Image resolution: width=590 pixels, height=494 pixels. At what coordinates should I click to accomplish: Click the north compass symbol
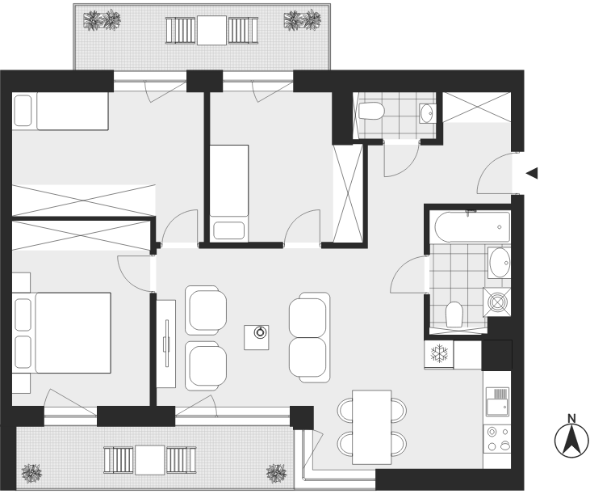click(x=571, y=440)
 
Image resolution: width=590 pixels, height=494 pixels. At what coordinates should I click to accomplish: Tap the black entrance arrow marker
click(x=532, y=173)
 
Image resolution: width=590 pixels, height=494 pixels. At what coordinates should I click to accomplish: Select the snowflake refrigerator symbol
click(x=439, y=354)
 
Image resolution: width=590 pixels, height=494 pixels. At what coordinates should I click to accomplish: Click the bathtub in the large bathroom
click(x=473, y=227)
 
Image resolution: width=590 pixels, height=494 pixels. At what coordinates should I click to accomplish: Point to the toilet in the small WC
click(x=371, y=111)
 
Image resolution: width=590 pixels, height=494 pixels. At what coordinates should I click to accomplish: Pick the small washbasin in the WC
click(x=428, y=112)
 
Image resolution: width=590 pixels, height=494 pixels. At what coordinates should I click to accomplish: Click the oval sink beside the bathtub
click(x=500, y=262)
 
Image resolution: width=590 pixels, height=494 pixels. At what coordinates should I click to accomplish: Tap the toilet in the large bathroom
click(x=454, y=315)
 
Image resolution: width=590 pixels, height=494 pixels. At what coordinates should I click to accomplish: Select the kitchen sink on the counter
click(x=496, y=402)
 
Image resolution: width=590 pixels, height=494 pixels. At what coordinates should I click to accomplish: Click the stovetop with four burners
click(x=497, y=439)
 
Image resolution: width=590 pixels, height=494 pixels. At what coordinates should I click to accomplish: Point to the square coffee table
click(x=256, y=337)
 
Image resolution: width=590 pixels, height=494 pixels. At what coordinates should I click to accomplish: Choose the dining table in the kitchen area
click(x=372, y=428)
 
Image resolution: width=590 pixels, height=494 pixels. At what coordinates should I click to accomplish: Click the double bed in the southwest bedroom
click(x=61, y=333)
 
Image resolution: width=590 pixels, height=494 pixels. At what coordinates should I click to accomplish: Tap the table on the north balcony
click(x=211, y=30)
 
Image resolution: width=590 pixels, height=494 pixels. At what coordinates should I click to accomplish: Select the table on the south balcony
click(x=150, y=460)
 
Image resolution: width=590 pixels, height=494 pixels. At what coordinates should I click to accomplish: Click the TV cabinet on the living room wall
click(x=166, y=344)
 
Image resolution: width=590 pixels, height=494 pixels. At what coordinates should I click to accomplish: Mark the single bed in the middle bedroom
click(x=228, y=193)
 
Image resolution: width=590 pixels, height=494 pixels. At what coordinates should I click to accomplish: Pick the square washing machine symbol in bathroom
click(x=497, y=302)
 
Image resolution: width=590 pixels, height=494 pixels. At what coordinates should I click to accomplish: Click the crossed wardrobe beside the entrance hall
click(x=348, y=193)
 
